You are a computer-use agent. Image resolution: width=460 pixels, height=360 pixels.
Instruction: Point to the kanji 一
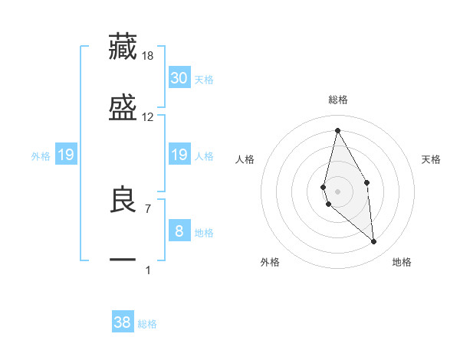[123, 260]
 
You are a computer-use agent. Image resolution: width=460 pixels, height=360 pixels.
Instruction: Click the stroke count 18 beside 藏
[148, 55]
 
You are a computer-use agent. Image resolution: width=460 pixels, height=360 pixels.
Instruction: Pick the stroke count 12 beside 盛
[148, 116]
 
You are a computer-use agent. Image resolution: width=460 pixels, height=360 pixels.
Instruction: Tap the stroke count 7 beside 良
[148, 208]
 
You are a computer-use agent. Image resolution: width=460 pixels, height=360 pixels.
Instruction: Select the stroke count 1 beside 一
[148, 270]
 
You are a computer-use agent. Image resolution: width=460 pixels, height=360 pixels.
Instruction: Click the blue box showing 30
[179, 77]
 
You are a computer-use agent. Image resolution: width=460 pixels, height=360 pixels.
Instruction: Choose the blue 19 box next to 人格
[179, 155]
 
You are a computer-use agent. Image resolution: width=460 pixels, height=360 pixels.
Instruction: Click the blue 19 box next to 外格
[66, 155]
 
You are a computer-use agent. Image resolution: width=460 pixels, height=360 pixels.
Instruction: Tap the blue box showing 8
[179, 231]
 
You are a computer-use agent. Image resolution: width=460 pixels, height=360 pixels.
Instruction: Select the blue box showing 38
[123, 322]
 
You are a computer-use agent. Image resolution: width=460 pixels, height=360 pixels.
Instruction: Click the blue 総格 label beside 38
[147, 324]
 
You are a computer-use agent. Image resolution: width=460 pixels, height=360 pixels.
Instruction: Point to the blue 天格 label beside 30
[204, 79]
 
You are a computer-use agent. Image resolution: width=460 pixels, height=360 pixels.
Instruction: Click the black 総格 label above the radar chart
[338, 100]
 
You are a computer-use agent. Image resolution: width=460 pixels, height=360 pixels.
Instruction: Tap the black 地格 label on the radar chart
[402, 262]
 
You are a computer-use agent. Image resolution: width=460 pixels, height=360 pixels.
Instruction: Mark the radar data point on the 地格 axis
[373, 242]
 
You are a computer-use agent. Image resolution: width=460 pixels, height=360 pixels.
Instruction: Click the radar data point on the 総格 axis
[337, 130]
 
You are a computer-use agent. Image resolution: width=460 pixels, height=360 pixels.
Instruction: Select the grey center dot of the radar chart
[337, 191]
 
